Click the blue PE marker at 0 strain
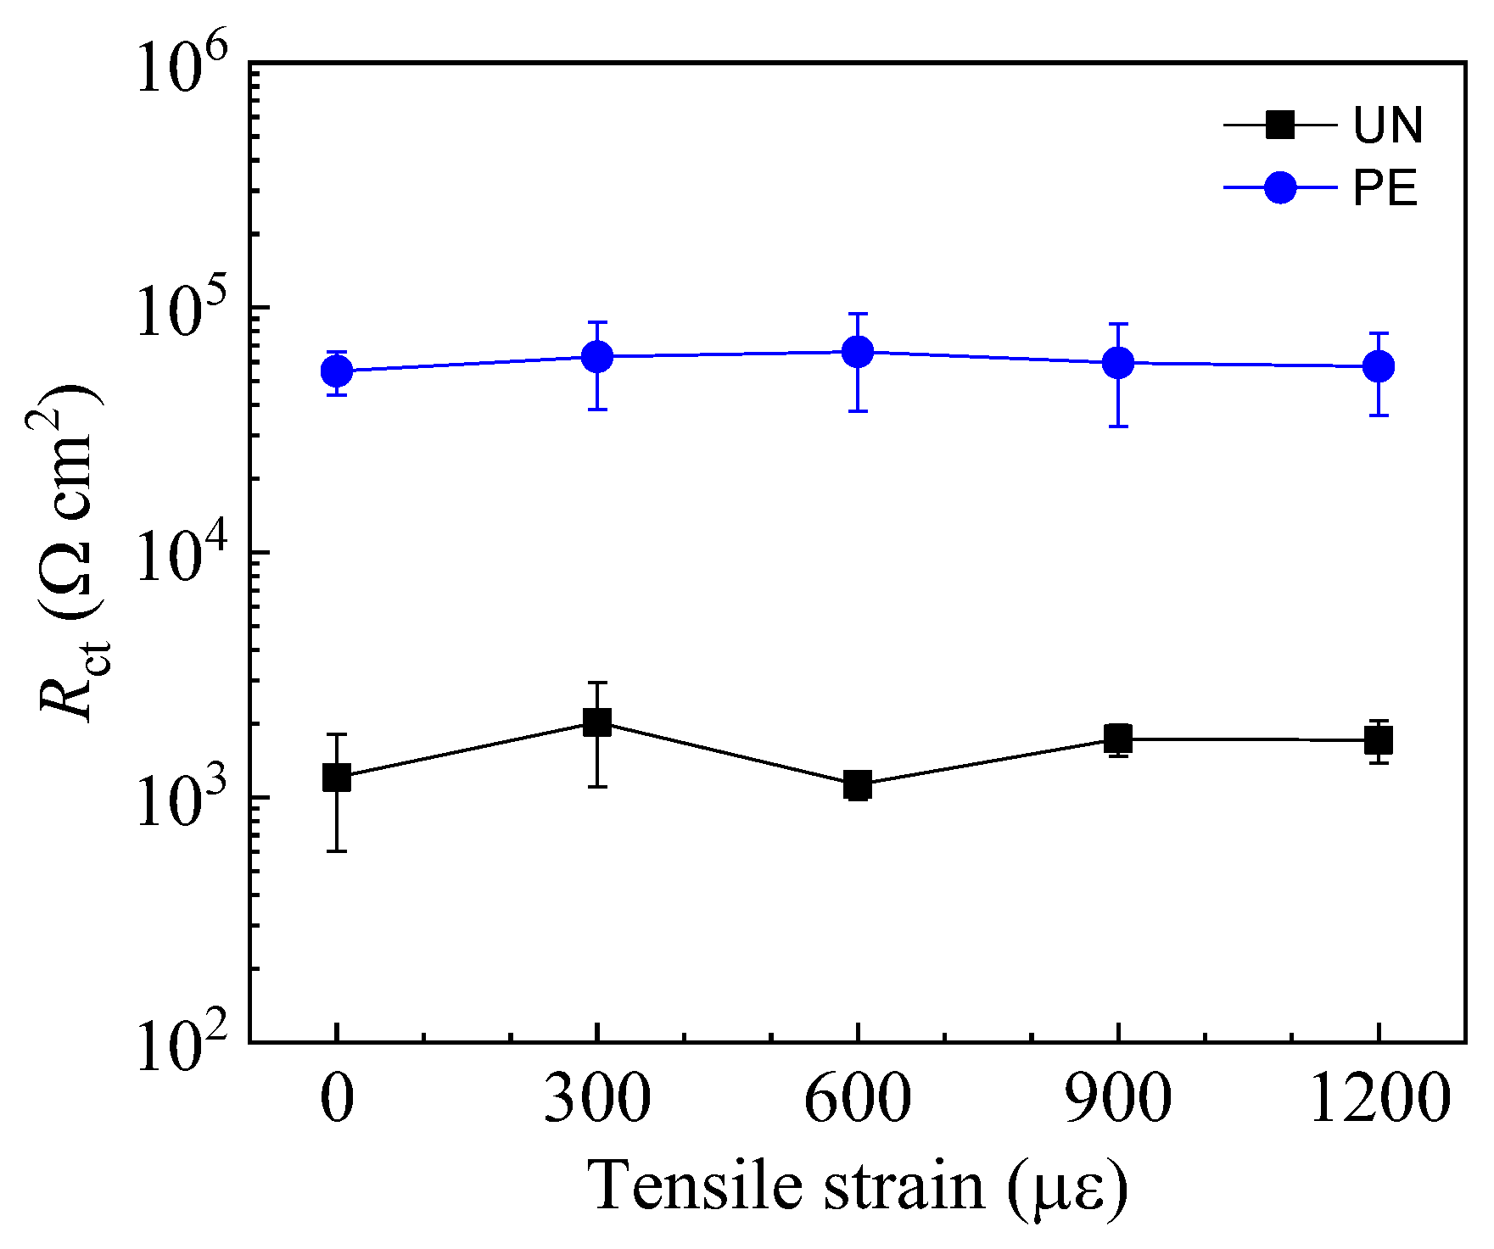337,371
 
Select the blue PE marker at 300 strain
597,356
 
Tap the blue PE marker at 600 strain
858,352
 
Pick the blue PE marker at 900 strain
1118,363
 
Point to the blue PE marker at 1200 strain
1379,366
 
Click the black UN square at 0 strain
337,777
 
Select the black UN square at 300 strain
597,722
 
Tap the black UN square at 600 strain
858,785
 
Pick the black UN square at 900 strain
1118,739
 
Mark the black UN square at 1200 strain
1379,740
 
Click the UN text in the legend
1387,126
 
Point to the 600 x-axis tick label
858,1099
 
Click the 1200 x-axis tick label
1379,1099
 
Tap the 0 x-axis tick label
337,1099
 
